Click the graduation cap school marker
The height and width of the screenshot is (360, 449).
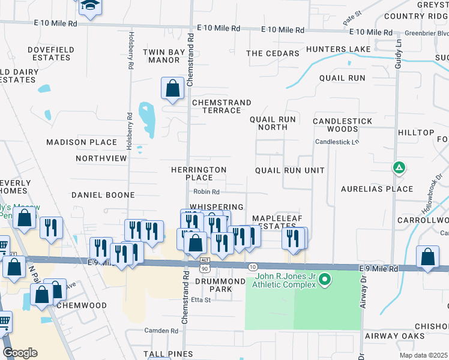(x=89, y=5)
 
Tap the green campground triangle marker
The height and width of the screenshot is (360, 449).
(x=399, y=168)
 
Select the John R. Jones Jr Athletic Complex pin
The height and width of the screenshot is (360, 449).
(x=325, y=280)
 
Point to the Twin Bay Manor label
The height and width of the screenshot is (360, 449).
(x=169, y=56)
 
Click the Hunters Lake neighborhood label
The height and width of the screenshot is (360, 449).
(x=335, y=49)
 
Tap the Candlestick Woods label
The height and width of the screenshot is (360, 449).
(x=342, y=125)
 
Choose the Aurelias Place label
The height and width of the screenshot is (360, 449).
(x=377, y=189)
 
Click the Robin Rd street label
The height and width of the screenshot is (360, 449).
(x=206, y=192)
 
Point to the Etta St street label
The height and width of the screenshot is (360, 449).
(x=200, y=300)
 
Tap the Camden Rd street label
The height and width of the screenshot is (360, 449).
(x=161, y=331)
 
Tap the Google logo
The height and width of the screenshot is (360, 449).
(x=20, y=353)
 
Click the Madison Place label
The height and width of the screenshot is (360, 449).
(x=82, y=142)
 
